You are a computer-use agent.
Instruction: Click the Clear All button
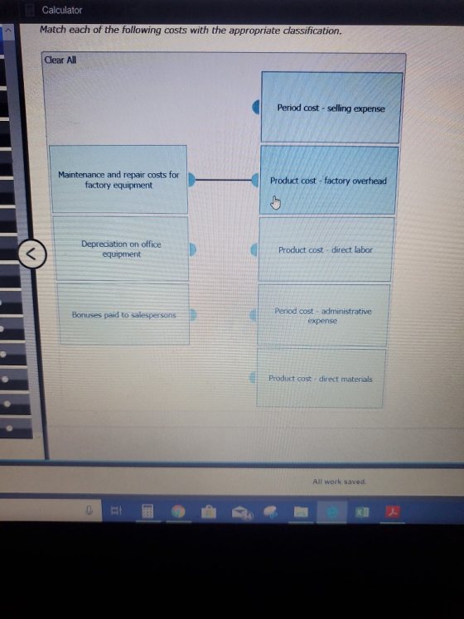point(60,60)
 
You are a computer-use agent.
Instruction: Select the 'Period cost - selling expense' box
point(331,108)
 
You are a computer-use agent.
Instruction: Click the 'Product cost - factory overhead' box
point(329,181)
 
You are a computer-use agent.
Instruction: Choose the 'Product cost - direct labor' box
point(326,249)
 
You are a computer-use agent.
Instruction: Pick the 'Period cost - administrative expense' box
point(323,316)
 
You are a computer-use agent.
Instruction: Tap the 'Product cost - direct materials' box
point(321,378)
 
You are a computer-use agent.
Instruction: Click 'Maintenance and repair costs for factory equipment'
point(118,180)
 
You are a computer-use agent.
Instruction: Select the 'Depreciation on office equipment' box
point(121,249)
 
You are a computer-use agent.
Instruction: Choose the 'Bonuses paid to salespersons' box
point(123,315)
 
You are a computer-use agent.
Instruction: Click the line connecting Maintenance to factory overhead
point(224,180)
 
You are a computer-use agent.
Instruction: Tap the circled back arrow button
point(32,254)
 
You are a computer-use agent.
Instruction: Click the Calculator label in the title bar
point(62,10)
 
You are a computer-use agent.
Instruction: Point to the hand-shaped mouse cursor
point(275,202)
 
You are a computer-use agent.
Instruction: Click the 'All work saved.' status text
point(339,481)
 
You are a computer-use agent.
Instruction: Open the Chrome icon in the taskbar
point(178,511)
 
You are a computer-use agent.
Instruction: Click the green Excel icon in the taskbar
point(362,512)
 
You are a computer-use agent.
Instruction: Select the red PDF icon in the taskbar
point(393,511)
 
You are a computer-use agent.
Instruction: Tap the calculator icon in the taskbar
point(147,511)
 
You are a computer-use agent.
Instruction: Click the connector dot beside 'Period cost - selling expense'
point(256,107)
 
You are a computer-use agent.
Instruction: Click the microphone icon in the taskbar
point(89,510)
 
